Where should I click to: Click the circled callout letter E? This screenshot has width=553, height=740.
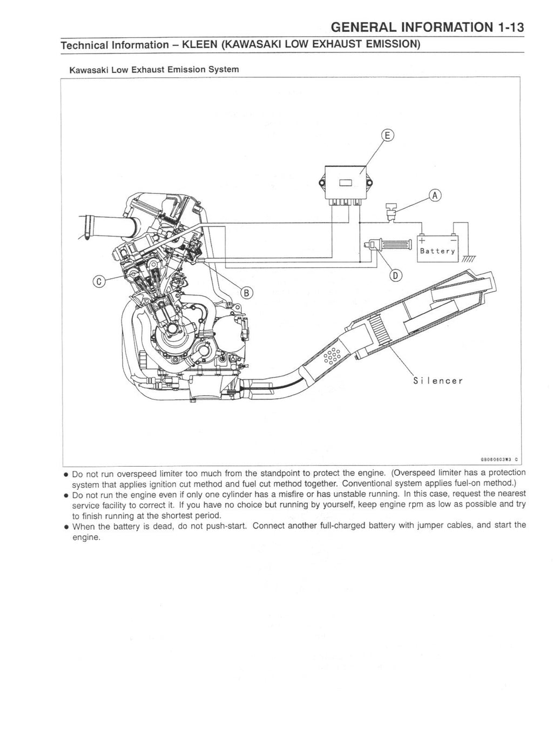pos(388,135)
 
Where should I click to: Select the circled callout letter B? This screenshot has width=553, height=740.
pos(246,293)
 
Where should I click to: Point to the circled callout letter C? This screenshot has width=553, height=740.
pos(99,280)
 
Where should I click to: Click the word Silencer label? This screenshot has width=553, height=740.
pos(437,381)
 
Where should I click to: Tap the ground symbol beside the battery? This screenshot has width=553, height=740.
pos(468,259)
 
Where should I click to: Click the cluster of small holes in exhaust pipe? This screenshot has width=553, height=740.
pos(331,356)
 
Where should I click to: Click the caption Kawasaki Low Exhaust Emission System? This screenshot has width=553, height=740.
pos(153,70)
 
